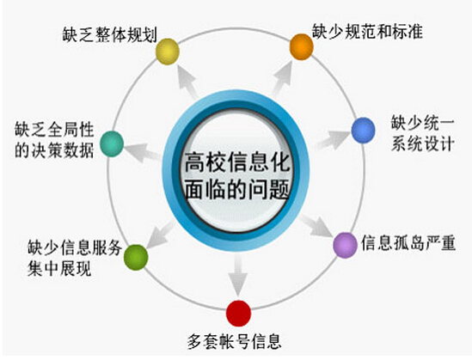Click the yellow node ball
point(168,52)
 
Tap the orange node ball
point(301,46)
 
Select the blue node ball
point(363,131)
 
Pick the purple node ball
point(345,245)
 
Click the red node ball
point(238,314)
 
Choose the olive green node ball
point(136,258)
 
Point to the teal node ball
point(112,143)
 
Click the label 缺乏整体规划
point(110,35)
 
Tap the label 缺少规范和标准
point(367,31)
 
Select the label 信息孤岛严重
point(408,243)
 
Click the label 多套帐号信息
point(234,341)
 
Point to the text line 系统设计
point(422,143)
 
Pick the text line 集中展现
point(59,268)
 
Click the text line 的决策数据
point(54,150)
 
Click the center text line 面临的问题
point(237,190)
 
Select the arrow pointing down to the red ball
point(238,276)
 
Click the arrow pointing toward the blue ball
point(333,140)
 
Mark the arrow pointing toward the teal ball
point(143,152)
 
